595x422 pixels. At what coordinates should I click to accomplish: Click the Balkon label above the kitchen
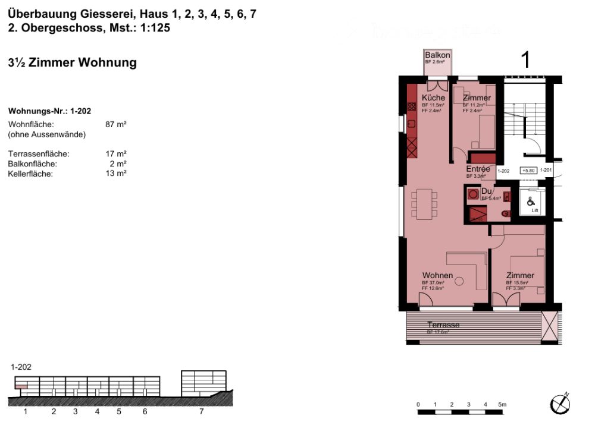(437, 55)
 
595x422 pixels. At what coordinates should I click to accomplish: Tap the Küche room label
(433, 98)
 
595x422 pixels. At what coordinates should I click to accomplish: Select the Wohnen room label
(437, 276)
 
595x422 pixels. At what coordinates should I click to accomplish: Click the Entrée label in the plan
(478, 169)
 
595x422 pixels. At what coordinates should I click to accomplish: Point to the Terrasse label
(443, 325)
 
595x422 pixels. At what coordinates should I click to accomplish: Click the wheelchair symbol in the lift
(530, 201)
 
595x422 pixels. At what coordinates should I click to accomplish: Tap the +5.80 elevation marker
(528, 171)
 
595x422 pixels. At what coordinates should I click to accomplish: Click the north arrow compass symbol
(560, 404)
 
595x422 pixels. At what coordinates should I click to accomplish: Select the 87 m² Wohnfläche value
(115, 125)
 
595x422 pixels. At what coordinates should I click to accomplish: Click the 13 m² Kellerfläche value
(115, 174)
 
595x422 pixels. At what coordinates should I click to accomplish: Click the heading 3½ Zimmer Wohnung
(73, 62)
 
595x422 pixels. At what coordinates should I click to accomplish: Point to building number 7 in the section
(202, 411)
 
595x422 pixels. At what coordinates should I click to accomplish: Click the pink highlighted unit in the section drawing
(21, 387)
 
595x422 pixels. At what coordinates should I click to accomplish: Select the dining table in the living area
(425, 202)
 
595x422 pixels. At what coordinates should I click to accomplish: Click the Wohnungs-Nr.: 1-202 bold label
(49, 111)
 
